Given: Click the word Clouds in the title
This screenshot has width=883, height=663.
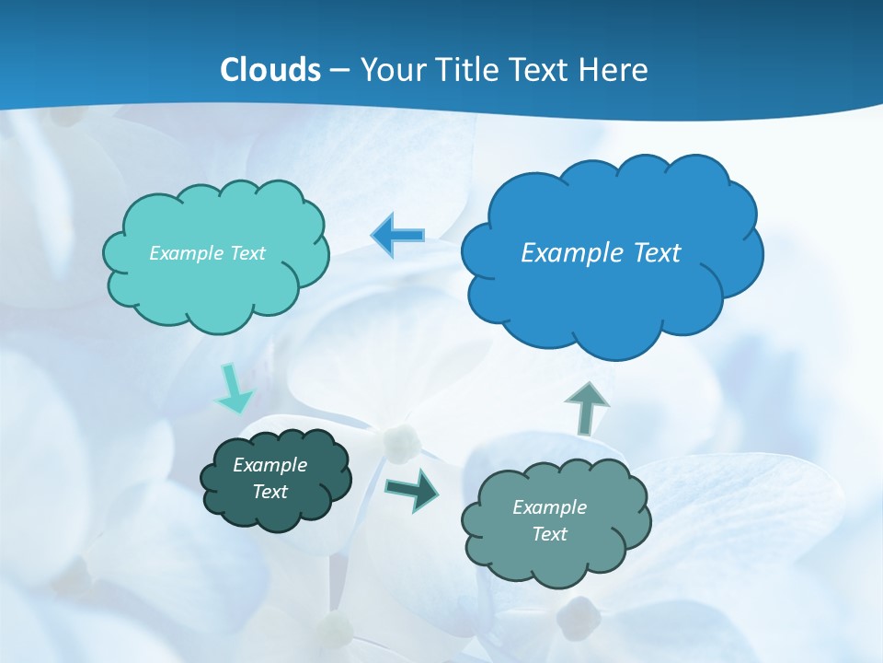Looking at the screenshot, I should (269, 70).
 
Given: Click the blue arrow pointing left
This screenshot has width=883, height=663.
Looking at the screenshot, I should (397, 236).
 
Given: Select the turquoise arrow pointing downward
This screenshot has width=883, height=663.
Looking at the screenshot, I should (233, 390).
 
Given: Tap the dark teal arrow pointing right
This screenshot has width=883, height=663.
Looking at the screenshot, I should (412, 488).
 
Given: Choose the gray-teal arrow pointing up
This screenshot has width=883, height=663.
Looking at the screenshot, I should (586, 408).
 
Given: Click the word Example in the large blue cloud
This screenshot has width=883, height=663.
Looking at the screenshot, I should (570, 253).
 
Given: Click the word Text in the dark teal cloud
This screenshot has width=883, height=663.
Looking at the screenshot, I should (270, 492).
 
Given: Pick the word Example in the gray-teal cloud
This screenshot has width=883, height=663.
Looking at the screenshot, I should (549, 507).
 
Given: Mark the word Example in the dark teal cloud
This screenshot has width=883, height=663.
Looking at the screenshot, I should (270, 465).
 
